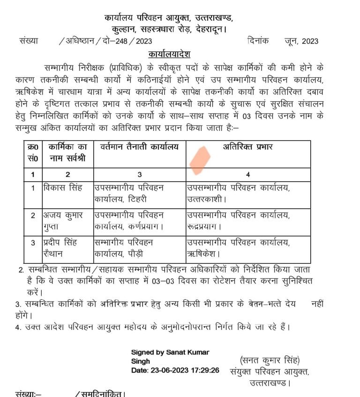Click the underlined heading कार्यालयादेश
pyautogui.click(x=169, y=53)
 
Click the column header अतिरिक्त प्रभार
pyautogui.click(x=248, y=147)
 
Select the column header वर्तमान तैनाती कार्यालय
pyautogui.click(x=139, y=147)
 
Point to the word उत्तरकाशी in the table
pyautogui.click(x=205, y=199)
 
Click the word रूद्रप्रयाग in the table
pyautogui.click(x=204, y=227)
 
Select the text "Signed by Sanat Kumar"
pyautogui.click(x=170, y=352)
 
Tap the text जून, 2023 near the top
pyautogui.click(x=301, y=41)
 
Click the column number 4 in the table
pyautogui.click(x=247, y=175)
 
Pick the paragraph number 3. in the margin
pyautogui.click(x=17, y=304)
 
